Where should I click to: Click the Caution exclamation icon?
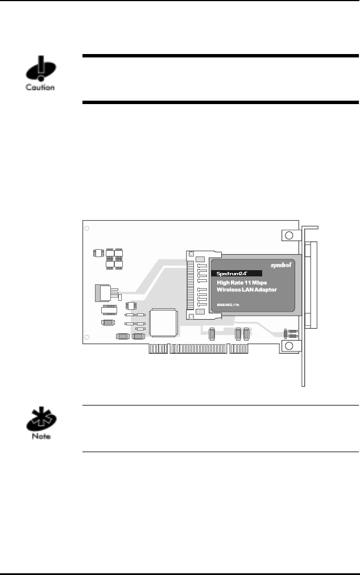pyautogui.click(x=39, y=72)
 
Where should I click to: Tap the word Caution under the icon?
pyautogui.click(x=40, y=88)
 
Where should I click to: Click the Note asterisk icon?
pyautogui.click(x=39, y=422)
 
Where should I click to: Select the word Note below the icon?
pyautogui.click(x=39, y=437)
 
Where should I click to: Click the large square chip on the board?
pyautogui.click(x=163, y=322)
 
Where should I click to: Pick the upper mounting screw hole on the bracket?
pyautogui.click(x=289, y=235)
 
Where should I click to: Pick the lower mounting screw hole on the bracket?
pyautogui.click(x=289, y=346)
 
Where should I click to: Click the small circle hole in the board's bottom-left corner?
pyautogui.click(x=86, y=338)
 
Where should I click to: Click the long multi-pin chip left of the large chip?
pyautogui.click(x=109, y=310)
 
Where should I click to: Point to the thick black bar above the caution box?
pyautogui.click(x=221, y=56)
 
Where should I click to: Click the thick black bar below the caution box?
pyautogui.click(x=221, y=102)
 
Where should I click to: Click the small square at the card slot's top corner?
pyautogui.click(x=192, y=255)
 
